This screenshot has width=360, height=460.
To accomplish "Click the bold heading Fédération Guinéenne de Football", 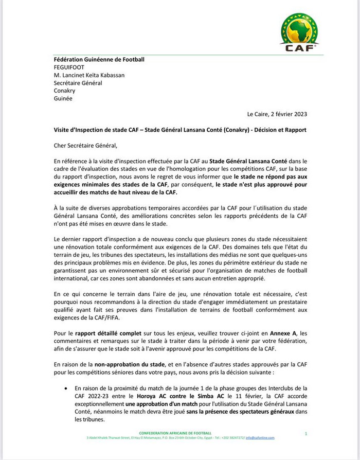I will (x=100, y=59).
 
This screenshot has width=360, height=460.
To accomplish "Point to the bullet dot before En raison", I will (x=64, y=387).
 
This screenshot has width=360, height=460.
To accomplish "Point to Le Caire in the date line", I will (x=257, y=115).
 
